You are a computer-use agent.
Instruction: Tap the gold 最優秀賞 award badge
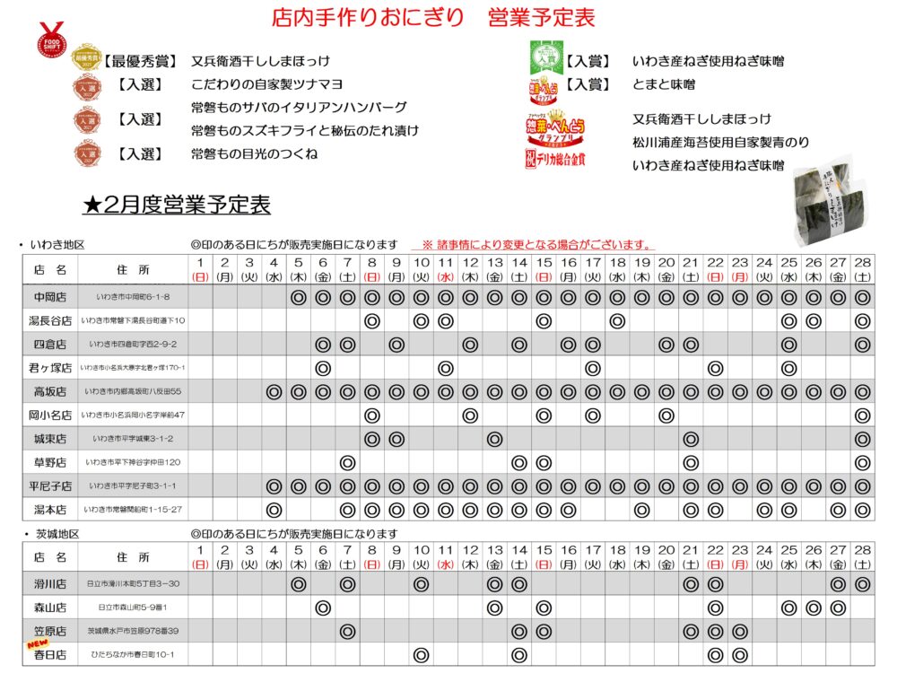pos(85,59)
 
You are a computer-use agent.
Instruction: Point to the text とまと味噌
pos(664,84)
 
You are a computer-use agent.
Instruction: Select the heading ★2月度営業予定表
pos(176,205)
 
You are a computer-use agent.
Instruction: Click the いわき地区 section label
pos(56,245)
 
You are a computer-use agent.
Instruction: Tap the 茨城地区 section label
pos(56,534)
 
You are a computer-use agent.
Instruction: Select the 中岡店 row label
pos(50,297)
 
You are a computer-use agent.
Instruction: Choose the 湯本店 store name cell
pos(50,509)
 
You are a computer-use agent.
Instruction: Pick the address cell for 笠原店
pos(132,631)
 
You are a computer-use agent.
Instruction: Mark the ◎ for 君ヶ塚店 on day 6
pos(323,368)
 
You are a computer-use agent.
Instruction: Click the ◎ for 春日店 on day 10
pos(420,654)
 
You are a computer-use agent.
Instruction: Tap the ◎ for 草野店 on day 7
pos(347,462)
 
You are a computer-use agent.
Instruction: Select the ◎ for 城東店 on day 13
pos(493,439)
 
